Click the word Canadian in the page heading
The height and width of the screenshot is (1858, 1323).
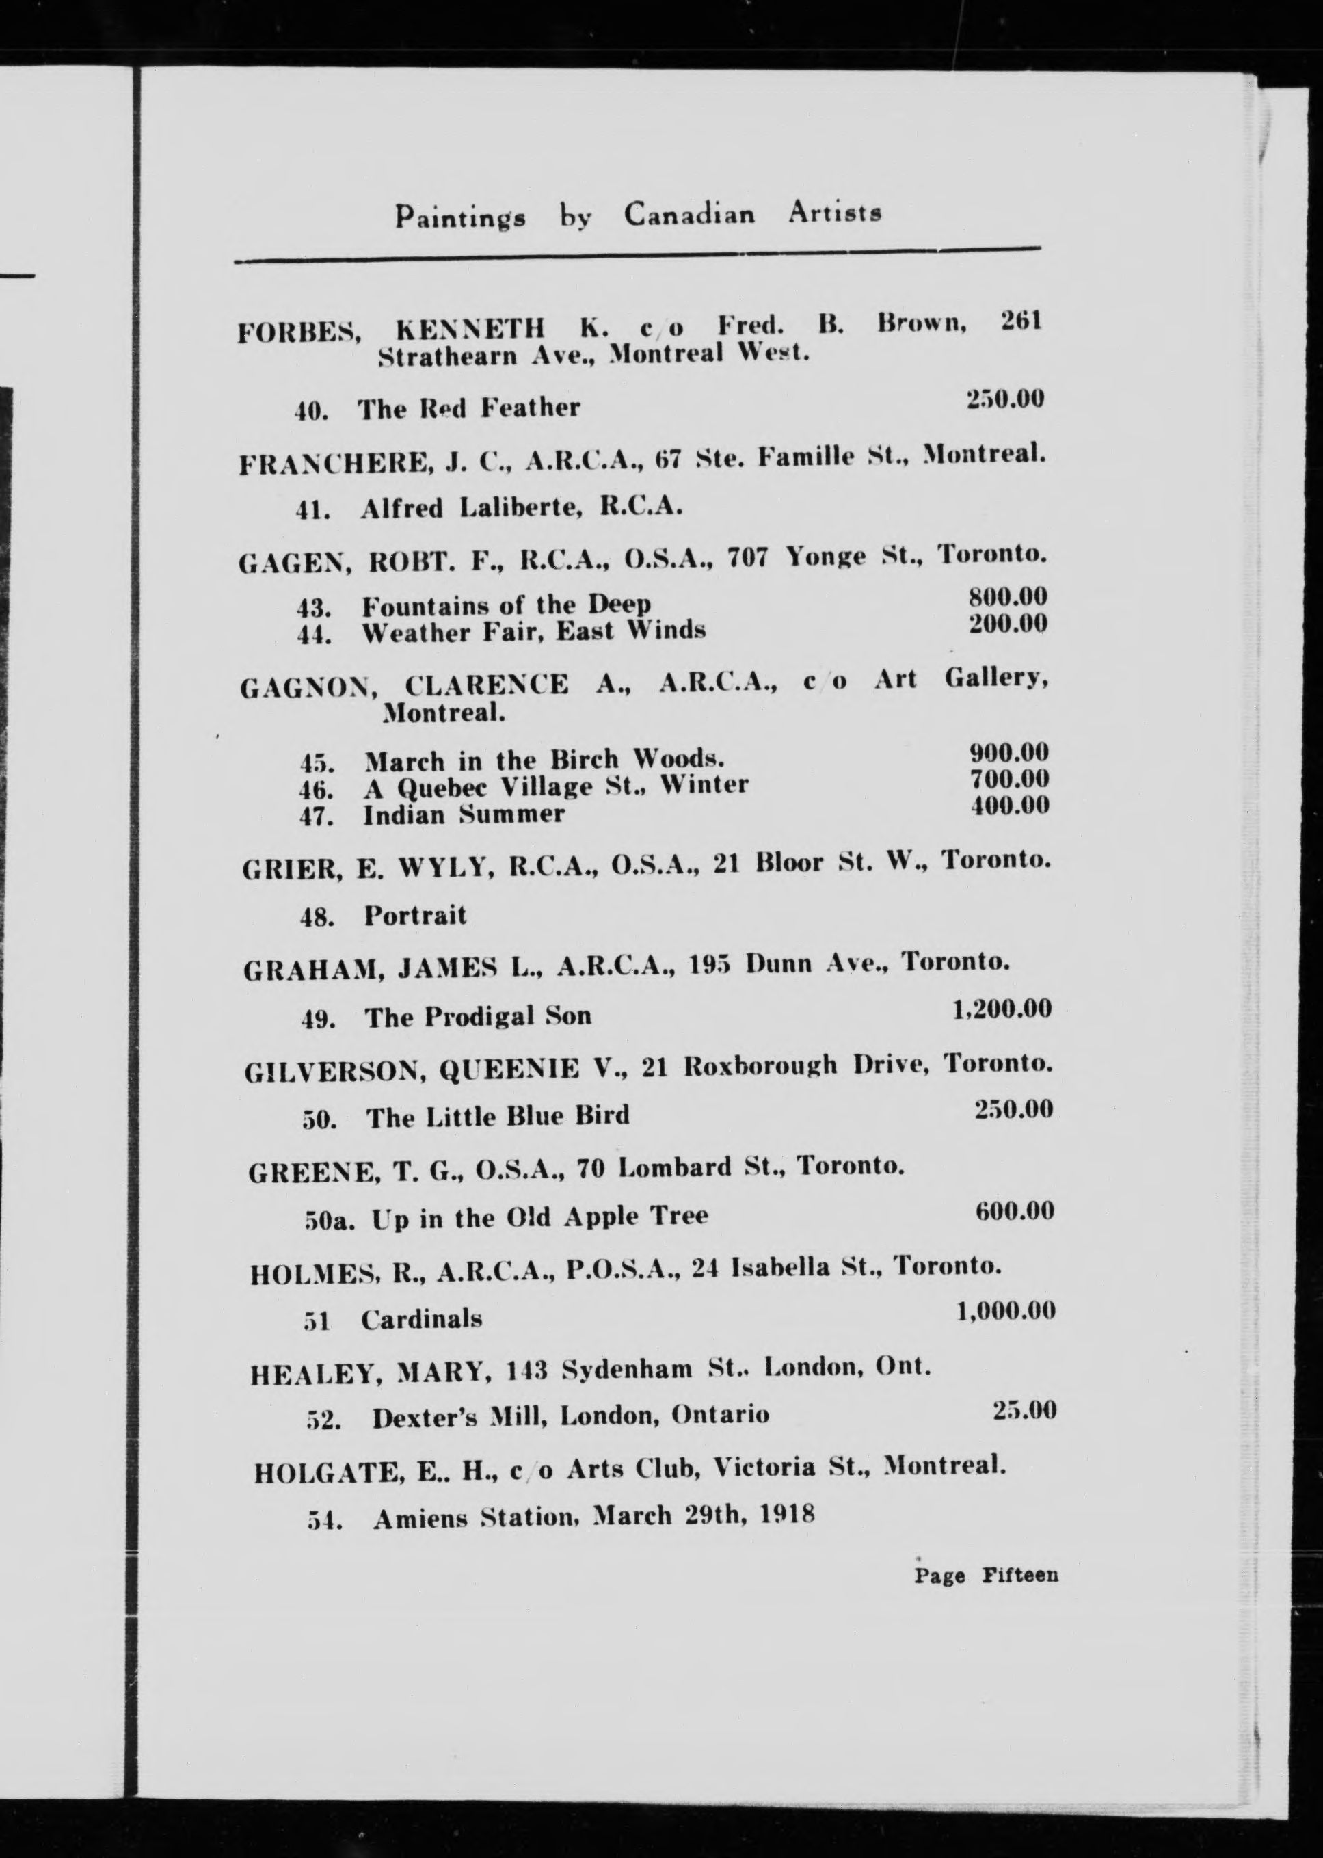689,214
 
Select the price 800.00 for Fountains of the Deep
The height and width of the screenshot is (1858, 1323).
1007,596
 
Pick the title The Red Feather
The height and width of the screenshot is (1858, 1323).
468,408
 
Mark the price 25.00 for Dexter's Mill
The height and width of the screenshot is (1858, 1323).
1024,1410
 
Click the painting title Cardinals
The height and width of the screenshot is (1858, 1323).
421,1318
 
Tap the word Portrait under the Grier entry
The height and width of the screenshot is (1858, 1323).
414,916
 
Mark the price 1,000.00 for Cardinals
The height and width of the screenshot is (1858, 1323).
1006,1311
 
